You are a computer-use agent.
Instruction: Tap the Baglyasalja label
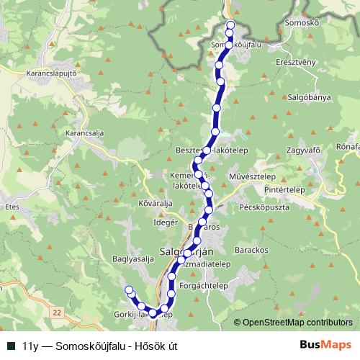134,258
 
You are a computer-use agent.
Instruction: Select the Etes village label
12,206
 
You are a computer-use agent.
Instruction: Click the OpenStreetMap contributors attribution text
297,323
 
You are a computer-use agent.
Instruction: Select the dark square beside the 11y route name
12,346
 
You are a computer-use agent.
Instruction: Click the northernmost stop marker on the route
231,25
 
